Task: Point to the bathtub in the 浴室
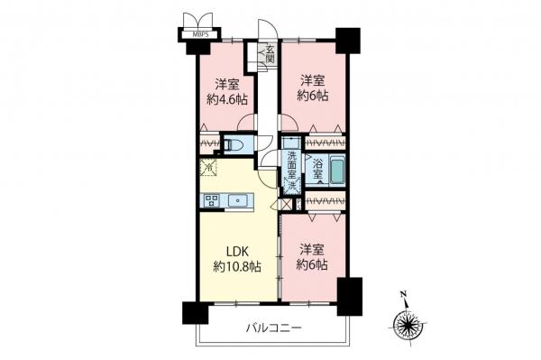(x=338, y=171)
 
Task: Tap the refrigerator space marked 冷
(x=208, y=168)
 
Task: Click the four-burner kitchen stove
(x=213, y=200)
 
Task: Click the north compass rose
(x=408, y=323)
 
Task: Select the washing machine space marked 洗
(x=292, y=184)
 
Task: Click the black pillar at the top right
(x=347, y=41)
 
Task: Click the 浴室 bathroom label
(x=317, y=165)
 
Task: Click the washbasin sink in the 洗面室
(x=290, y=143)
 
